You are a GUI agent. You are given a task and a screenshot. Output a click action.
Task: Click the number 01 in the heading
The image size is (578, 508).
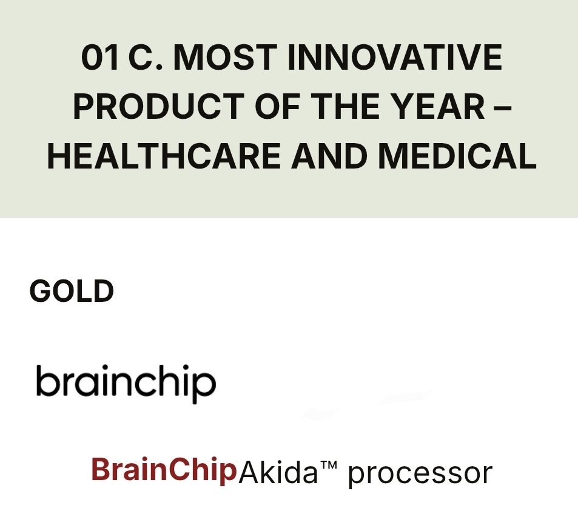[100, 57]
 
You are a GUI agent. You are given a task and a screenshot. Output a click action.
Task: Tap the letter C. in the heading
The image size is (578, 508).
[145, 57]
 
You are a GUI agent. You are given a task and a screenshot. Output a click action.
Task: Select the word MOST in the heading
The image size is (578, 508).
[225, 57]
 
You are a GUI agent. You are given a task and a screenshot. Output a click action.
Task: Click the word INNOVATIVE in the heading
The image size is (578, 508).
[395, 57]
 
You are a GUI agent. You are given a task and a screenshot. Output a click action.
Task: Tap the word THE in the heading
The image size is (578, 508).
[345, 106]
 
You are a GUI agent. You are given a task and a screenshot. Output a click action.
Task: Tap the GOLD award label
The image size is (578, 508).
[72, 291]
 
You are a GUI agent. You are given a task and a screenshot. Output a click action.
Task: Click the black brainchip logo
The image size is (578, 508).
[126, 383]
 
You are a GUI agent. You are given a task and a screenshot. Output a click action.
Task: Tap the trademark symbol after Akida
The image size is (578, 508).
[329, 465]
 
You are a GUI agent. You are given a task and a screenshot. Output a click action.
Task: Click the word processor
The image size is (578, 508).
[420, 475]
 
